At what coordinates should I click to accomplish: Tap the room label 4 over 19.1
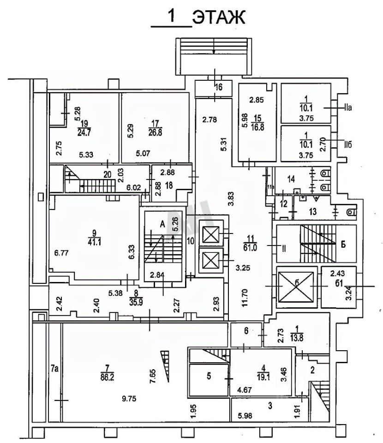(x=263, y=372)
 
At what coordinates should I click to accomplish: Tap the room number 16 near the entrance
(x=219, y=87)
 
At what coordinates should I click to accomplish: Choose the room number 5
(x=209, y=377)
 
